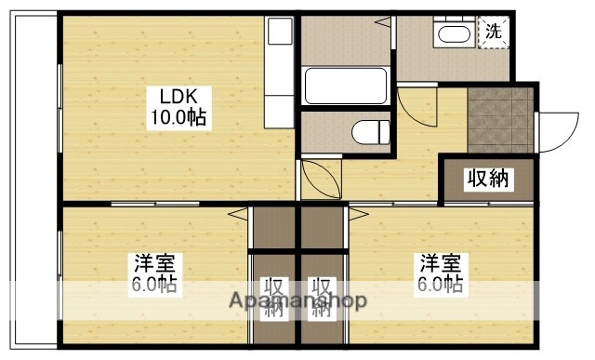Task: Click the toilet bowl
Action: coord(372,131)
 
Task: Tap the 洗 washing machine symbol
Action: coord(494,30)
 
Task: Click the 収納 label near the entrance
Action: coord(488,180)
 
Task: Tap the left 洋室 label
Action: coord(152,263)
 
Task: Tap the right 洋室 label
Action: coord(439,263)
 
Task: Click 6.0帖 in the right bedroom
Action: coord(439,284)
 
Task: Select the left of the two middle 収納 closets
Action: coord(272,299)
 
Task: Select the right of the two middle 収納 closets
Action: coord(322,299)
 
